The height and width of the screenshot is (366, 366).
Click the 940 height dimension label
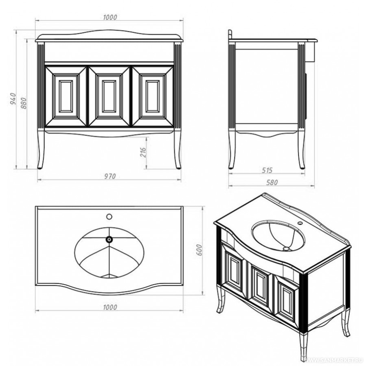[13, 99]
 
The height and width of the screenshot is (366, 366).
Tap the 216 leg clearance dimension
[143, 152]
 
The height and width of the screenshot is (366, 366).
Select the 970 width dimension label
[110, 176]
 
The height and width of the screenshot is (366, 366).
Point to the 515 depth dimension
[267, 171]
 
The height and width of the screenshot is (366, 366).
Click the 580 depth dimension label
[272, 182]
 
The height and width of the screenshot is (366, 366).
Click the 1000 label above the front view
[110, 18]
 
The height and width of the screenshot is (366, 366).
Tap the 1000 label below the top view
[110, 307]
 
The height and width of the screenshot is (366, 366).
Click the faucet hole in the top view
[109, 217]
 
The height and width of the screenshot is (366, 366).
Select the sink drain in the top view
[109, 239]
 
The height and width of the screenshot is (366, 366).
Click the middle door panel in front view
[109, 97]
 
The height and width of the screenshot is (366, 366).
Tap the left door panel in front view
[66, 97]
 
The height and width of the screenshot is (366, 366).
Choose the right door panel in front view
[153, 97]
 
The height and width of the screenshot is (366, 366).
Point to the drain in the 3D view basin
[286, 249]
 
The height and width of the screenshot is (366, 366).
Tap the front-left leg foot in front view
[40, 167]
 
